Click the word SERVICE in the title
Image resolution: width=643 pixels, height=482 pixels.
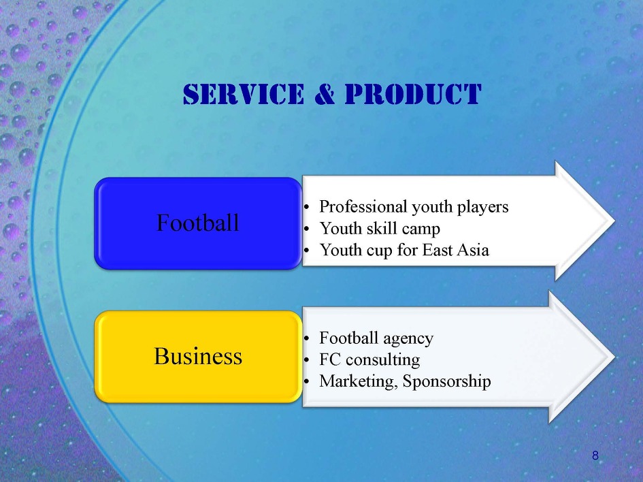[x=244, y=94]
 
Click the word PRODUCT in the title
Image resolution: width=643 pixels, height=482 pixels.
[x=413, y=94]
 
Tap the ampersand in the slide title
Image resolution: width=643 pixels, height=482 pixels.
[x=325, y=94]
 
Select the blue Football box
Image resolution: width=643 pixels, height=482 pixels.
[x=198, y=223]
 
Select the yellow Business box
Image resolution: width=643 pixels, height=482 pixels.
[x=198, y=356]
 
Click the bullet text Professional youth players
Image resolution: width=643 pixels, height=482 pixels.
[x=414, y=207]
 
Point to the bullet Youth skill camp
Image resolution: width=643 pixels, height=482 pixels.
[x=380, y=229]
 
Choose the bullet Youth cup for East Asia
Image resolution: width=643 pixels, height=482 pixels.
[x=404, y=250]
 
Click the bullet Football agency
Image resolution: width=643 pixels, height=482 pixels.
[x=376, y=338]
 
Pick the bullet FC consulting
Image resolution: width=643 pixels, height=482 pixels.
[x=369, y=359]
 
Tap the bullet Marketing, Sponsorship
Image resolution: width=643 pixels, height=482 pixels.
[x=405, y=381]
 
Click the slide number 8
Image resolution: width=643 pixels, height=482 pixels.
[x=595, y=455]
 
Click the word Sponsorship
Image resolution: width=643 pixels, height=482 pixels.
[x=446, y=381]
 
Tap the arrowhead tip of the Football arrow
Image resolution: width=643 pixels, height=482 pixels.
[x=614, y=221]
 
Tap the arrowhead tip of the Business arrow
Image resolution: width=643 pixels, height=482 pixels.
[x=614, y=357]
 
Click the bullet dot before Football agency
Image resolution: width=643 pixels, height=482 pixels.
[x=306, y=339]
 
